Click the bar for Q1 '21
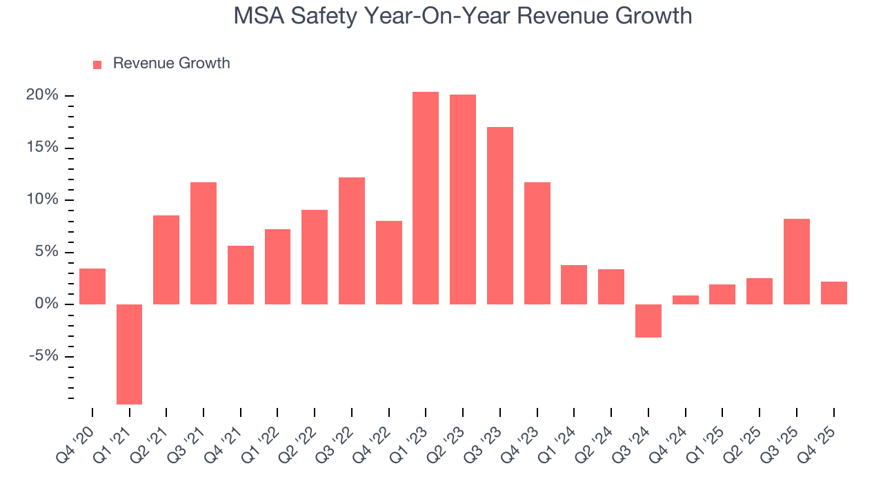click(129, 354)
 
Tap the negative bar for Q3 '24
click(648, 321)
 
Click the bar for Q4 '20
click(92, 286)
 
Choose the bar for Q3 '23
click(500, 215)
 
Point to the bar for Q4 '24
click(686, 300)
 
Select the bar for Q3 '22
click(352, 241)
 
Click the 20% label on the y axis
click(42, 95)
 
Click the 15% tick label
click(42, 148)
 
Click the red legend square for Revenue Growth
click(97, 64)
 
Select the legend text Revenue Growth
click(171, 64)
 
